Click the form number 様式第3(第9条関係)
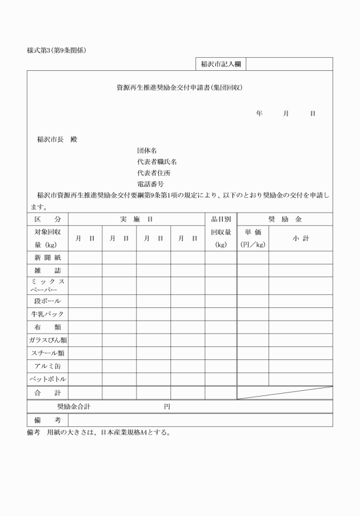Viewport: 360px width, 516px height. [x=53, y=51]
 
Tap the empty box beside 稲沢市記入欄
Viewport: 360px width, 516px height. [x=289, y=64]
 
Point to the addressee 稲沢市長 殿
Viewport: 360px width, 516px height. [x=57, y=139]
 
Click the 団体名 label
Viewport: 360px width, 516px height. [x=147, y=150]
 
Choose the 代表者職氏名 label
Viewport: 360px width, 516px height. [x=157, y=162]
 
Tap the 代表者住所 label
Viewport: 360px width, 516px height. [x=154, y=173]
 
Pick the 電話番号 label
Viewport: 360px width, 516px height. [x=150, y=184]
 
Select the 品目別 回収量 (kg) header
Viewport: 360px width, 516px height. [x=221, y=232]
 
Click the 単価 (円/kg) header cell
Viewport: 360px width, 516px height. [x=253, y=238]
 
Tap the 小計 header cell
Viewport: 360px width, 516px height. [x=301, y=238]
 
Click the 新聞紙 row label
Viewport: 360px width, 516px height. [x=47, y=258]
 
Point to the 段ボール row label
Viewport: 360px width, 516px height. [x=47, y=301]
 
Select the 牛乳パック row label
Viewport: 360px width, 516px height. [x=47, y=314]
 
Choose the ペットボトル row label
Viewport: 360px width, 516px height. [x=47, y=379]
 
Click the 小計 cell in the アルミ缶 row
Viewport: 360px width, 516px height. [x=301, y=366]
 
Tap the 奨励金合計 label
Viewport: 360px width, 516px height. [x=74, y=407]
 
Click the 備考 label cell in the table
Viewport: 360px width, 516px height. [x=47, y=420]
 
